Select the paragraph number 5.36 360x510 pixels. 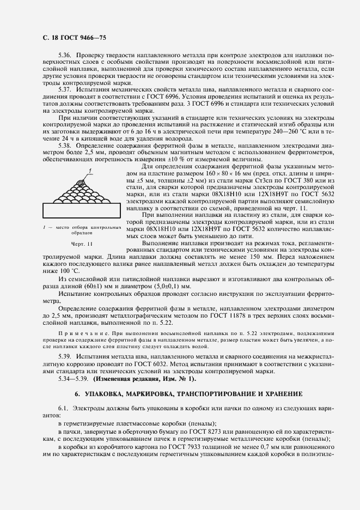[64, 56]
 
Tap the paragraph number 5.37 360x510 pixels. [64, 89]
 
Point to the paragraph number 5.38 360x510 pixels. [64, 145]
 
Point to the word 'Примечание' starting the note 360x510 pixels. [80, 332]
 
